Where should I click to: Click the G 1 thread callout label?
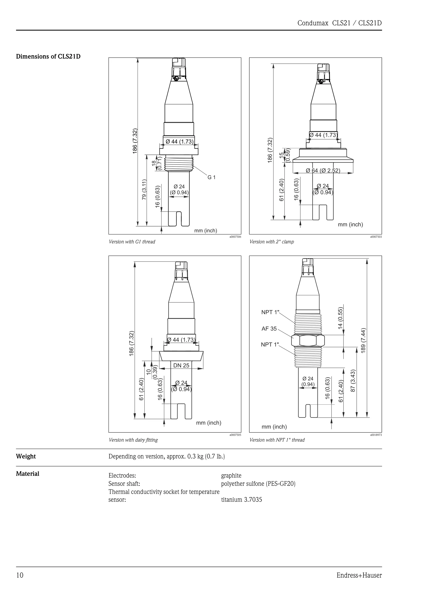point(211,177)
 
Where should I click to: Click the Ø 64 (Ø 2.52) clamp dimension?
point(323,171)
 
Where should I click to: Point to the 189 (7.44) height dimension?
point(363,340)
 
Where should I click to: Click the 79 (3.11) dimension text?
point(144,190)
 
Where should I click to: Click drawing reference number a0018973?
point(376,434)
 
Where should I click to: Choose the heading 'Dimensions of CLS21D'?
point(48,56)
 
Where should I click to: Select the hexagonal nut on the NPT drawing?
point(308,341)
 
